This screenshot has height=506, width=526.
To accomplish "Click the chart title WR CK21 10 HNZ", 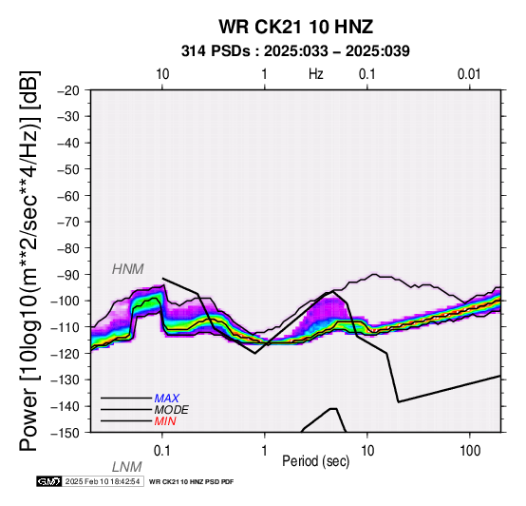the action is pos(296,27).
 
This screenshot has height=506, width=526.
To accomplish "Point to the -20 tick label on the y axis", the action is pos(68,90).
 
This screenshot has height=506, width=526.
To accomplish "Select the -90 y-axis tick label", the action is pos(68,275).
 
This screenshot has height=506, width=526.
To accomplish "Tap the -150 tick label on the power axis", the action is pos(66,433).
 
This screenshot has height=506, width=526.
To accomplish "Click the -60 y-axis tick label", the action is pos(68,196).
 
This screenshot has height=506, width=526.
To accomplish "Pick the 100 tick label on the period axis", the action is pos(470,451).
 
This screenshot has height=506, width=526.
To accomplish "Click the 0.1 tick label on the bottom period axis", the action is pos(161,451).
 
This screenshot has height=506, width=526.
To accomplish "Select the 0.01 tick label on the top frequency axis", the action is pos(469,74).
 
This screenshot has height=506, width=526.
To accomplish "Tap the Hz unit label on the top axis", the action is pos(316,74).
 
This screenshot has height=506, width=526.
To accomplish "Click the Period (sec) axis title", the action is pos(315,461).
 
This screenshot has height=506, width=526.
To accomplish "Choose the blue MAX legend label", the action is pos(167,399).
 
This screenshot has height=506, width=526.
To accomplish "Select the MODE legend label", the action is pos(172,410).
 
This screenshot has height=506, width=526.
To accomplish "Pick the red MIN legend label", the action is pos(165,421).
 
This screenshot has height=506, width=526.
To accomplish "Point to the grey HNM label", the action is pos(128,269).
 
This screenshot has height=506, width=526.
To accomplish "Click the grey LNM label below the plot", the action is pos(127,467).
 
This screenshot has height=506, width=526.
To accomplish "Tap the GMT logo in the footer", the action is pos(49,481).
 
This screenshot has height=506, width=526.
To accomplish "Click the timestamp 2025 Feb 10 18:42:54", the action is pos(103,481).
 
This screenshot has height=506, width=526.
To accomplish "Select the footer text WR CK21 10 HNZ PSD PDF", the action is pos(191,482).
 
